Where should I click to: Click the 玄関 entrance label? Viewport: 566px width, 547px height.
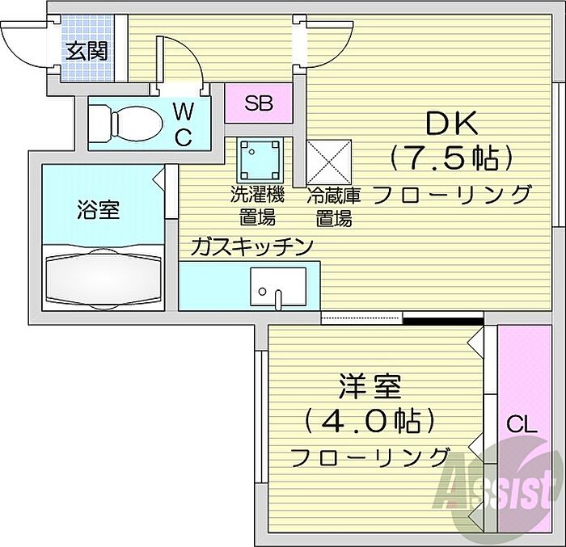point(87,51)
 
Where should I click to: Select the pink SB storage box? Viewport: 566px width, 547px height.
point(259,103)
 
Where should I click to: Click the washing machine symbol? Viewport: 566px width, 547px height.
point(260,160)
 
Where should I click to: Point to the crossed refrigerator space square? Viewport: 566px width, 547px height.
point(328,162)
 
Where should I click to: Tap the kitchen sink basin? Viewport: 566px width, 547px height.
point(279,287)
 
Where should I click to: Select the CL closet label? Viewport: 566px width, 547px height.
point(522,424)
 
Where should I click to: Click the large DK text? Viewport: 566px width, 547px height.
point(452,124)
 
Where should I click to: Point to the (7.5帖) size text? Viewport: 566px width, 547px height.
point(451,158)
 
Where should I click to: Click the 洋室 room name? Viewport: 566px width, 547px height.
point(370,386)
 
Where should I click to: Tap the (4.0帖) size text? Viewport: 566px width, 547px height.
point(369,421)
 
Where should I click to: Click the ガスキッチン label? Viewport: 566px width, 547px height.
point(252,246)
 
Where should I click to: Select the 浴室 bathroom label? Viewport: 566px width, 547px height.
point(98,210)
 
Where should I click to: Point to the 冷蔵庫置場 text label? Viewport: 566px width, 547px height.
point(333,207)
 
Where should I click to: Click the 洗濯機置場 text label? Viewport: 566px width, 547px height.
point(258,206)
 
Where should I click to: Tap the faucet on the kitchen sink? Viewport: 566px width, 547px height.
point(277,300)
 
